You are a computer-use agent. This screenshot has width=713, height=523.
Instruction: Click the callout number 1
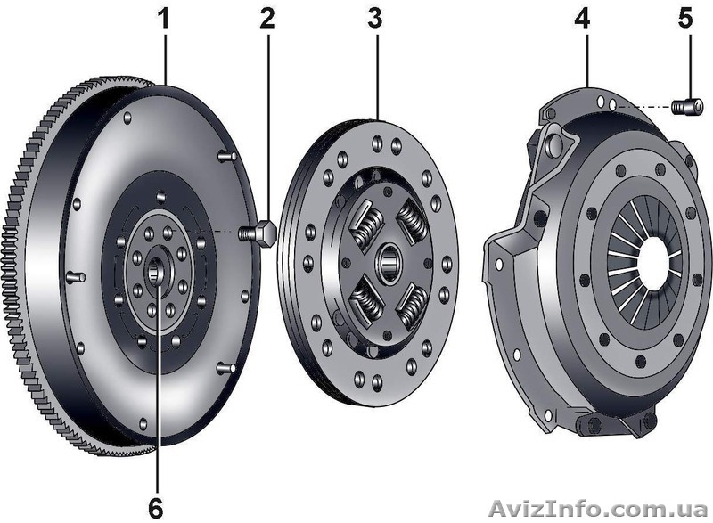point(163,19)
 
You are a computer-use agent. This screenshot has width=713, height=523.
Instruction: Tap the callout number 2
point(267,19)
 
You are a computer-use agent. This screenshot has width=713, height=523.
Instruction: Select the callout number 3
point(375,19)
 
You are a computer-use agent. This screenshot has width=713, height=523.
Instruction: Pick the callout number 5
point(685,19)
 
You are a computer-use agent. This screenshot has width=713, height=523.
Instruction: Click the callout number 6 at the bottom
point(156,508)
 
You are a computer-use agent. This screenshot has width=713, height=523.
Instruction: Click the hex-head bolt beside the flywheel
point(257,233)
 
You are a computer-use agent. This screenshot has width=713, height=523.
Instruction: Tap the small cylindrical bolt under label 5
point(687,107)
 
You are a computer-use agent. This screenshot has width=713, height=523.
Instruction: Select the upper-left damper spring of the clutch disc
point(367,225)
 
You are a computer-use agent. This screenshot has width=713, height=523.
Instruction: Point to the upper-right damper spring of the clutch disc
point(413,223)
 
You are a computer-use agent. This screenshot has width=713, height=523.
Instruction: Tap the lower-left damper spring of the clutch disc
point(366,300)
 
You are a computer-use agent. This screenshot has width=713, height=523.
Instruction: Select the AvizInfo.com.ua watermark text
point(598,509)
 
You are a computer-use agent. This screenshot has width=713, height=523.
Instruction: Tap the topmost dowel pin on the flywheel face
point(226,156)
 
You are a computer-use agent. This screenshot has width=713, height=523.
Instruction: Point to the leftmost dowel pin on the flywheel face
point(76,276)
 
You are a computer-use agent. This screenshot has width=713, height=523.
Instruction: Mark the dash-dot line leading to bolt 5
point(642,107)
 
